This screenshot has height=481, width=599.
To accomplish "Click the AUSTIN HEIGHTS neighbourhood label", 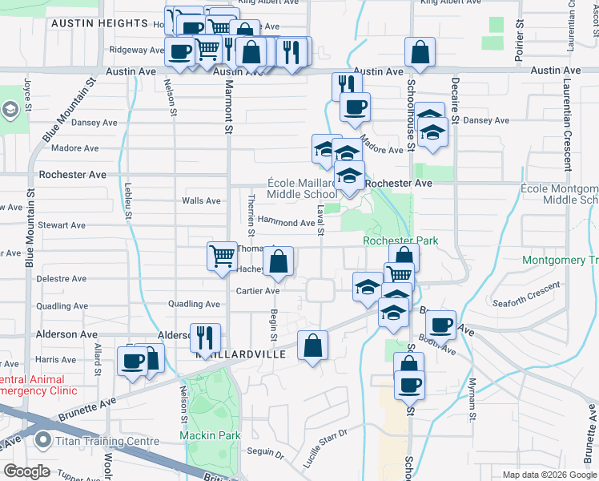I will pyautogui.click(x=99, y=24).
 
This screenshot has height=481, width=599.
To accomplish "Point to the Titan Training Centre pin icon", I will pyautogui.click(x=42, y=440).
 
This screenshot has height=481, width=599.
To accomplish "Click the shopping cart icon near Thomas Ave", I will pyautogui.click(x=222, y=257).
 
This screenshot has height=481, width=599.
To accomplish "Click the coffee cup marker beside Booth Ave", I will pyautogui.click(x=440, y=325).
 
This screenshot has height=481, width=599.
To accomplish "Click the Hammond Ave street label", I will pyautogui.click(x=285, y=223).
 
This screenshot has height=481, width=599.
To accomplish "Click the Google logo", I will pyautogui.click(x=26, y=471).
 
